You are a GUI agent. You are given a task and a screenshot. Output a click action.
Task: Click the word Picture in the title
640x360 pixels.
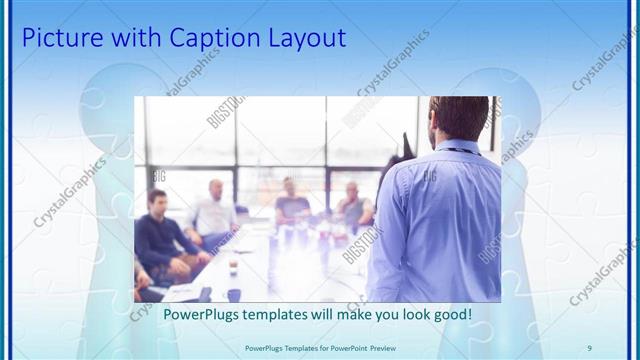click(58, 39)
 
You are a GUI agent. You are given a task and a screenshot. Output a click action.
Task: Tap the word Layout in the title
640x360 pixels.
click(306, 39)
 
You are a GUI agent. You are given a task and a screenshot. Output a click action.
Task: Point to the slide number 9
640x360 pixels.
click(589, 346)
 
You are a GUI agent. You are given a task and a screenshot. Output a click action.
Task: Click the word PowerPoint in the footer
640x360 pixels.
click(340, 346)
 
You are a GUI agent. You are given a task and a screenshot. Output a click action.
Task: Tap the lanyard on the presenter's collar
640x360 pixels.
click(462, 151)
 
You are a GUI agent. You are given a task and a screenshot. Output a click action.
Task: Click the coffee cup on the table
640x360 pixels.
click(232, 268)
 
